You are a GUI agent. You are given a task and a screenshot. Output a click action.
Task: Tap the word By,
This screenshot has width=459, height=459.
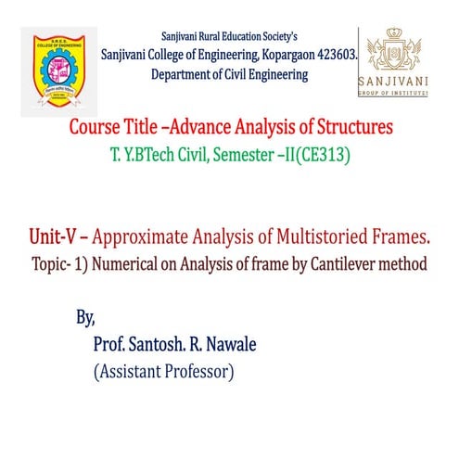pyautogui.click(x=85, y=318)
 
